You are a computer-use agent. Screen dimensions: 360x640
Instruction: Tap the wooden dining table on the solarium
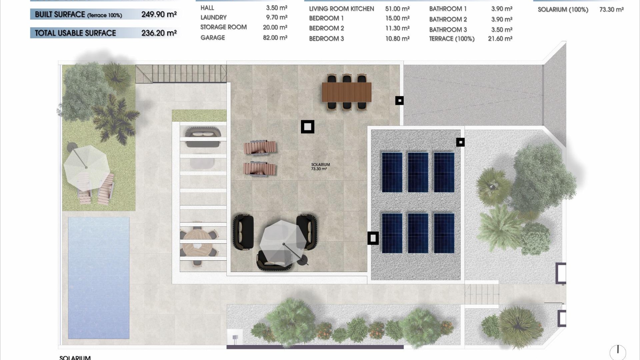tap(346, 92)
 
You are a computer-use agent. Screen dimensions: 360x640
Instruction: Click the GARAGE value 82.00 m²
tap(275, 38)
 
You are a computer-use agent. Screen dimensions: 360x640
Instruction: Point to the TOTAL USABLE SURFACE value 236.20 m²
tap(159, 33)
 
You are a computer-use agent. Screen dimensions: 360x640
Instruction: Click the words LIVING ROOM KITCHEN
tap(341, 9)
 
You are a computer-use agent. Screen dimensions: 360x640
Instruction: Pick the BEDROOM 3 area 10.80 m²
tap(397, 39)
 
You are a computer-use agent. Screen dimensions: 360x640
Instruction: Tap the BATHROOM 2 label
tap(448, 19)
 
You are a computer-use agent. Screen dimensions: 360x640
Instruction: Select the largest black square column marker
tap(307, 127)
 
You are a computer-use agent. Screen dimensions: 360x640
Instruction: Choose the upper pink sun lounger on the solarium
tap(260, 147)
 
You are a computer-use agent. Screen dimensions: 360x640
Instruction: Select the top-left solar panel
tap(392, 172)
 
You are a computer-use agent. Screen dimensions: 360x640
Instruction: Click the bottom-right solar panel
tap(444, 233)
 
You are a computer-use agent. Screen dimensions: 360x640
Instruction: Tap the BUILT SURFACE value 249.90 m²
tap(159, 14)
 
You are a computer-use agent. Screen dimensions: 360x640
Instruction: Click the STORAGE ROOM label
tap(223, 27)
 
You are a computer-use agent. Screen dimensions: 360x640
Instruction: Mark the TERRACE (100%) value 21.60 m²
tap(500, 39)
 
